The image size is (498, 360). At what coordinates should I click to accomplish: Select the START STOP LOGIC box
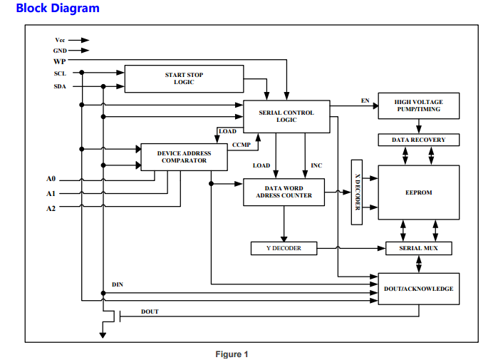(x=184, y=78)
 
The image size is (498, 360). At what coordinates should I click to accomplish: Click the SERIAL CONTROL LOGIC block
(x=286, y=116)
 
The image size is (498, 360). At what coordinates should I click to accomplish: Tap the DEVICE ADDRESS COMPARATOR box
(x=184, y=157)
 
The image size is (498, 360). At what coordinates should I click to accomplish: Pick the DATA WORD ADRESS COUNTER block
(x=284, y=192)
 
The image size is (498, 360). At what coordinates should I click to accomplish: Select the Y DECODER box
(x=284, y=248)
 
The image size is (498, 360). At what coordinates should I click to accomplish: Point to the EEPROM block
(x=418, y=192)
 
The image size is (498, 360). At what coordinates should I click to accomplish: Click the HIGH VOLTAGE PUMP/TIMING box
(x=418, y=106)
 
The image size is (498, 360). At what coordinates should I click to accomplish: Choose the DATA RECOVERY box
(x=418, y=140)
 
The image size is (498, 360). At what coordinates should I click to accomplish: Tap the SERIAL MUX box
(x=418, y=248)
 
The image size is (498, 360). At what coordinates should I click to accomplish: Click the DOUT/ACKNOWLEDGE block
(x=418, y=289)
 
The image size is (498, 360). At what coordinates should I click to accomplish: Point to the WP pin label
(x=59, y=61)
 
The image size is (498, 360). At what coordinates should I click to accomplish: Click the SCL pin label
(x=60, y=73)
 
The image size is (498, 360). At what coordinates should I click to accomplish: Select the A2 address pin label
(x=51, y=208)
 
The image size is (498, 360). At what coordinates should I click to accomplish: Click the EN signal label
(x=365, y=101)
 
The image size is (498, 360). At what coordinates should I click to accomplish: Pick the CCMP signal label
(x=241, y=145)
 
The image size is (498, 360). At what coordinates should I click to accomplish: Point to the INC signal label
(x=316, y=165)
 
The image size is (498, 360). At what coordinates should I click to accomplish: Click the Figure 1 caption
(x=232, y=354)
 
